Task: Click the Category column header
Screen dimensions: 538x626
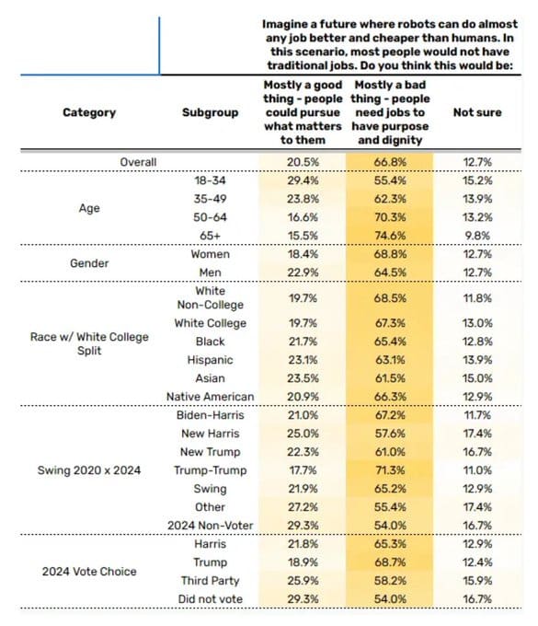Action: (x=89, y=112)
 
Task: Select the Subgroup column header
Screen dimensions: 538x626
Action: (x=211, y=112)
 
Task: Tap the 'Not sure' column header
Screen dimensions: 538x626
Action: (x=477, y=112)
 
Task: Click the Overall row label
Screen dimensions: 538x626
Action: (x=138, y=162)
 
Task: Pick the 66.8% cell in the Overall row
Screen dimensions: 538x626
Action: (x=390, y=162)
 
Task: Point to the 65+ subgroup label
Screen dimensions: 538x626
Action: (x=211, y=236)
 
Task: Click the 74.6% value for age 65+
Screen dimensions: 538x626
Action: (x=390, y=236)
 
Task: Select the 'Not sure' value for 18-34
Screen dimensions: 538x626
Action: (x=477, y=180)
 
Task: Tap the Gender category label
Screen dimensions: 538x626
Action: (x=89, y=263)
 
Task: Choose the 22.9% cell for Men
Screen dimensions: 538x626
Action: (x=303, y=272)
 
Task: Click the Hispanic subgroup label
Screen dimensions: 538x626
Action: (x=211, y=360)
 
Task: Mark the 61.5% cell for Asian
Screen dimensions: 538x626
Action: (x=390, y=378)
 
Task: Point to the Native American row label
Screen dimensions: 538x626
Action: (x=211, y=397)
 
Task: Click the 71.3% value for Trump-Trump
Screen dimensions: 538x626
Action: (x=390, y=470)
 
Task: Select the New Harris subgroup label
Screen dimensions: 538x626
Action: (x=211, y=434)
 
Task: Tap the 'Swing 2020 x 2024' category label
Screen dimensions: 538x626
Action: (x=89, y=470)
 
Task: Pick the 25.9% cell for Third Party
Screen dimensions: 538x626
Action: (x=303, y=581)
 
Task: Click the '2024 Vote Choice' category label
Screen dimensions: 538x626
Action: (x=89, y=572)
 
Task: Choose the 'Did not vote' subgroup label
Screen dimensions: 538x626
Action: (x=211, y=599)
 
